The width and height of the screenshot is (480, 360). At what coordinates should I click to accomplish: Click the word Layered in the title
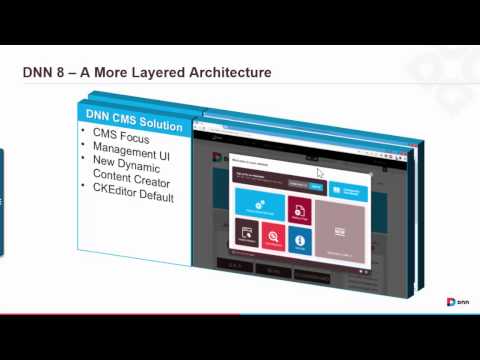click(x=161, y=73)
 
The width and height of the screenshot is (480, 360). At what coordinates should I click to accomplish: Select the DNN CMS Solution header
click(x=134, y=126)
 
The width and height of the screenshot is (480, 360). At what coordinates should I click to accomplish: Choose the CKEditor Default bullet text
click(x=134, y=197)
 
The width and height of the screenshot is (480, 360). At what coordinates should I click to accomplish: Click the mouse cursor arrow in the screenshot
click(x=320, y=145)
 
